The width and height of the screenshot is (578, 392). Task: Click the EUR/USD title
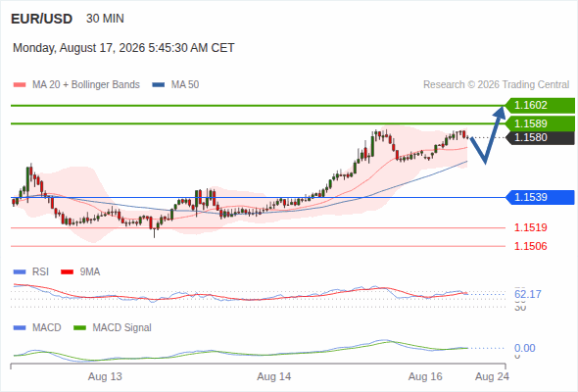(x=42, y=19)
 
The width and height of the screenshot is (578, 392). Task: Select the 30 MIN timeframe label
(x=105, y=19)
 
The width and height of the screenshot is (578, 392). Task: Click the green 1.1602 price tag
(x=540, y=106)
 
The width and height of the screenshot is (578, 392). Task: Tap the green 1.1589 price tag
(x=540, y=123)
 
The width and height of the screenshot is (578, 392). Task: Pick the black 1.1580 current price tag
(x=540, y=137)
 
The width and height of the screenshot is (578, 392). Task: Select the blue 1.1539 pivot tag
(x=540, y=197)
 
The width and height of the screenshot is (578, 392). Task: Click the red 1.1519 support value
(x=530, y=227)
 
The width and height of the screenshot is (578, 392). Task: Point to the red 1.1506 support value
(x=530, y=246)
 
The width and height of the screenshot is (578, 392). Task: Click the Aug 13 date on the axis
(x=105, y=376)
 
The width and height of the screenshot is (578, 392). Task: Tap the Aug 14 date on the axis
(x=274, y=376)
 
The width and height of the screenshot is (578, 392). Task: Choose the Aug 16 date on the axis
(x=425, y=376)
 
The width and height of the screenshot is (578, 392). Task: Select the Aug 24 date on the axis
(x=492, y=376)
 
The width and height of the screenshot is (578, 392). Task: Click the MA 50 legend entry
(x=175, y=85)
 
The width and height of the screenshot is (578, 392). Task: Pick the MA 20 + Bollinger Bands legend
(x=76, y=85)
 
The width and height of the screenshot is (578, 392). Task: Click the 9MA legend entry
(x=80, y=272)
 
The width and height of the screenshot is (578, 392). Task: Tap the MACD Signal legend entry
(x=113, y=328)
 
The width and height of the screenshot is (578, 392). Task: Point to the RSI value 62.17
(x=528, y=294)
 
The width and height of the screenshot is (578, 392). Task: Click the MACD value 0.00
(x=524, y=348)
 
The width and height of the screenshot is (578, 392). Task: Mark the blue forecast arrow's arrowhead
(x=501, y=112)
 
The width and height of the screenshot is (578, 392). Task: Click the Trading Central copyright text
(x=496, y=85)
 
